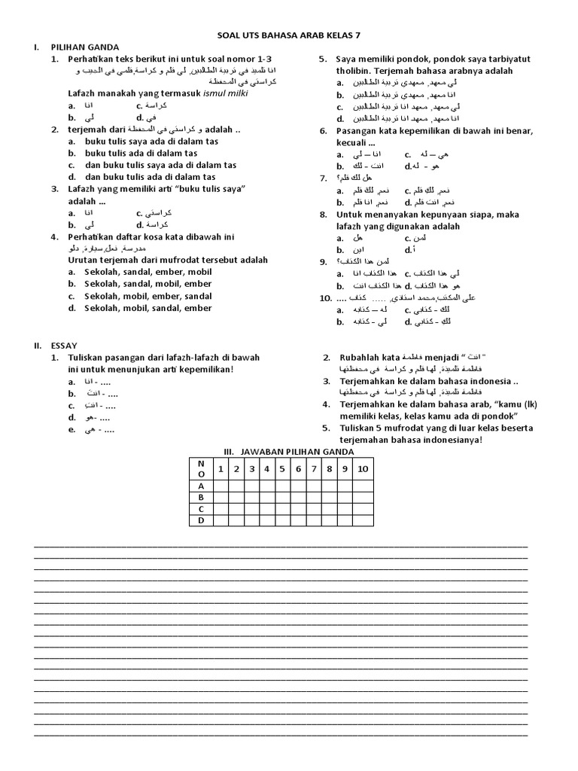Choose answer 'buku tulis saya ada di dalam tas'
[x=141, y=153]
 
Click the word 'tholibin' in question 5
[x=354, y=71]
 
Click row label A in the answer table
[x=201, y=486]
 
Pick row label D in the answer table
[x=201, y=520]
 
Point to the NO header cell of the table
[x=201, y=469]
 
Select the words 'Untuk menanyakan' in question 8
[x=372, y=215]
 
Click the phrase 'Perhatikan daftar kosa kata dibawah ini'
[x=145, y=236]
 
